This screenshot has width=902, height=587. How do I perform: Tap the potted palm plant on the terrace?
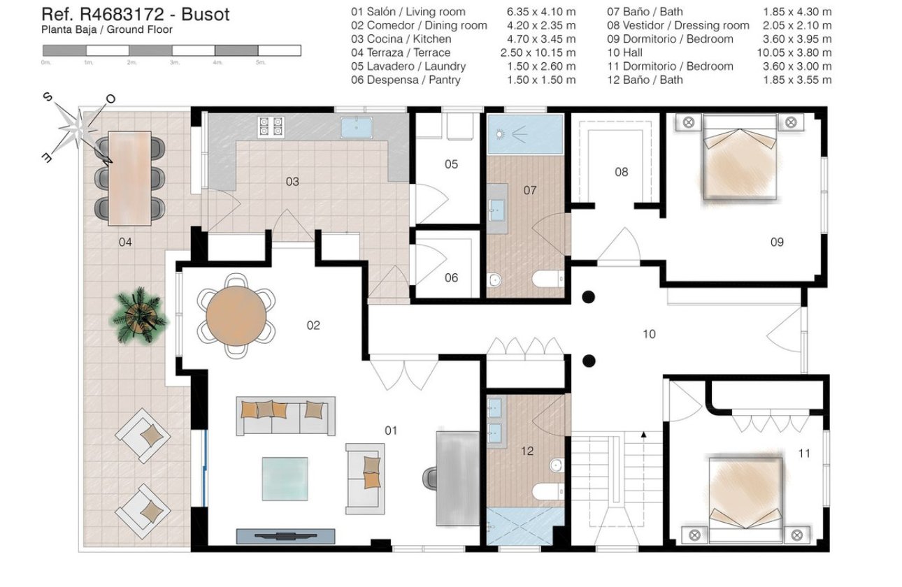[x=140, y=316]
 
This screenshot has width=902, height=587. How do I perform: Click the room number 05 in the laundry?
[x=451, y=164]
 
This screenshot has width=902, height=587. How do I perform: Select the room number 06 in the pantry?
[x=451, y=277]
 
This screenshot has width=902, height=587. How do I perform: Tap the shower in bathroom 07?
[x=525, y=136]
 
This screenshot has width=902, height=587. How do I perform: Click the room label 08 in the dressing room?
[x=621, y=172]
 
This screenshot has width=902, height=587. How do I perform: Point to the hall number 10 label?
[x=649, y=334]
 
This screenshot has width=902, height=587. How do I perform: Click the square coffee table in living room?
[x=285, y=479]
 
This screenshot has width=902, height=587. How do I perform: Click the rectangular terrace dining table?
[x=129, y=178]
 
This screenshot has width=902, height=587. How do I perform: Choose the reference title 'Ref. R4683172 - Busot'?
[x=136, y=14]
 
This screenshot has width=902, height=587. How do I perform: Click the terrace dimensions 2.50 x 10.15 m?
[x=538, y=52]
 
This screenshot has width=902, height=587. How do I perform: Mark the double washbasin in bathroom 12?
[x=496, y=416]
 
